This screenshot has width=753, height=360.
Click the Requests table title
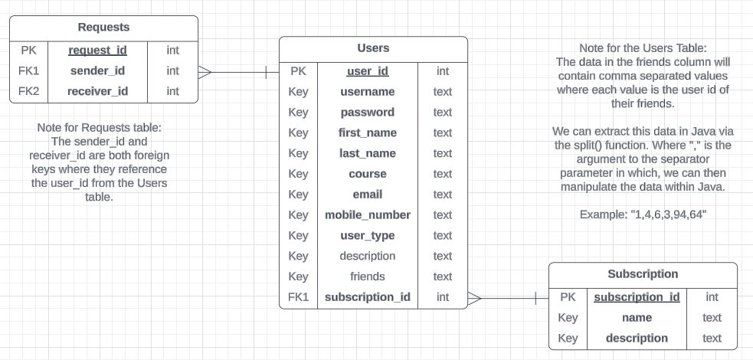click(103, 28)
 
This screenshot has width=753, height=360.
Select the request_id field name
click(97, 51)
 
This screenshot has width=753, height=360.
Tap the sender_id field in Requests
click(97, 71)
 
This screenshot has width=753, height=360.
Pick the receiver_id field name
click(97, 92)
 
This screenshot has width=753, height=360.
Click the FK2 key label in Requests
click(28, 92)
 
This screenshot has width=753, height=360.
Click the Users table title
click(373, 48)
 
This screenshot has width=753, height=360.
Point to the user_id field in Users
click(368, 71)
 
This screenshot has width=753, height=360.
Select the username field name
click(368, 92)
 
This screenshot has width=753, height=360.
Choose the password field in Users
click(368, 113)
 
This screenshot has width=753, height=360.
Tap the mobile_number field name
click(368, 215)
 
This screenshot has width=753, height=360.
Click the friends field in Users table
click(368, 277)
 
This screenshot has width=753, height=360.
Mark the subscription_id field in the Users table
click(368, 297)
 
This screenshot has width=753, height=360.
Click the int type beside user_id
click(443, 71)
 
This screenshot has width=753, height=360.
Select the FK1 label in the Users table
click(299, 297)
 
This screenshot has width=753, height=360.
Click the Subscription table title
click(643, 274)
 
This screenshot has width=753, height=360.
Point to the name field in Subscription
click(637, 318)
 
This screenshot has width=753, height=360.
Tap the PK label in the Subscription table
click(568, 297)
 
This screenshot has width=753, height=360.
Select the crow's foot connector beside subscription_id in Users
click(474, 297)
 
